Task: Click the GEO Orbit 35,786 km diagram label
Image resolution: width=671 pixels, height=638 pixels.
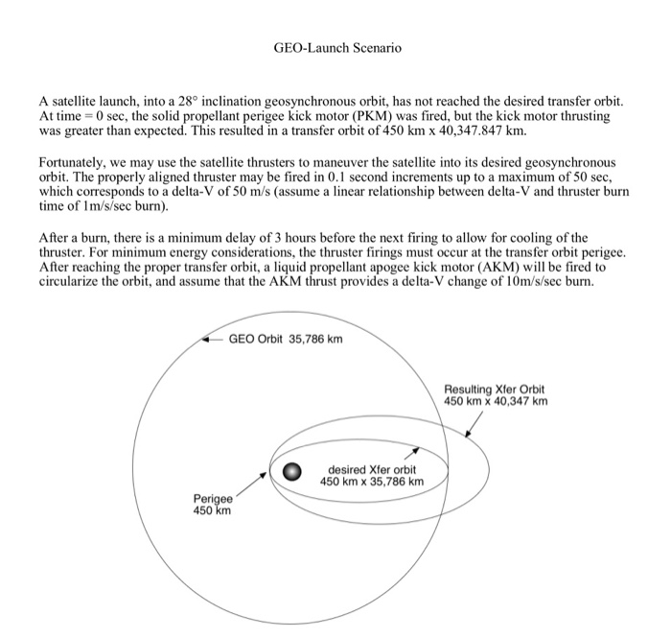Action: point(286,339)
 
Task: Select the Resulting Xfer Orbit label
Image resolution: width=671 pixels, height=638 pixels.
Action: point(495,394)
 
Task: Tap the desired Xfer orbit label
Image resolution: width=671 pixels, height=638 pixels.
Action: point(375,475)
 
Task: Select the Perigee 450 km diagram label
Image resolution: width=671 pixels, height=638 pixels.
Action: point(212,506)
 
